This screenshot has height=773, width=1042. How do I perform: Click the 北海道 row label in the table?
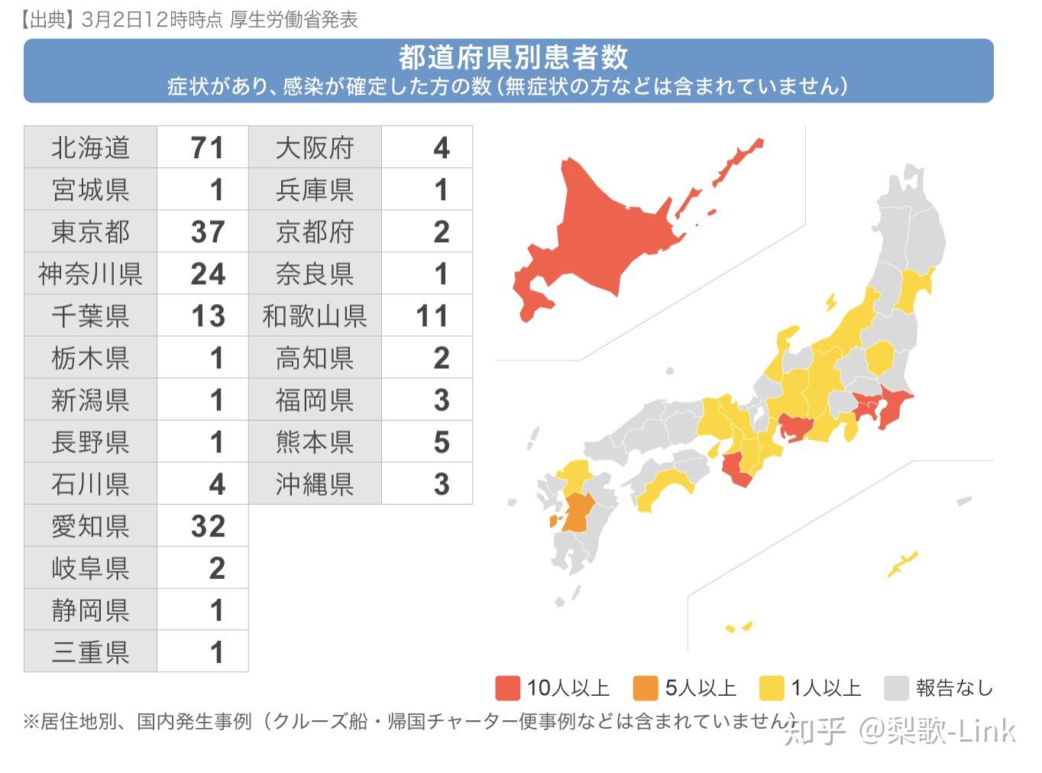click(90, 147)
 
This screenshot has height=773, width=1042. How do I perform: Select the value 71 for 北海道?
click(207, 147)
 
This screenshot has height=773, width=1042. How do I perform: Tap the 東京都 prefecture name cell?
click(90, 231)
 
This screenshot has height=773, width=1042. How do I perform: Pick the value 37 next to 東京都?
click(207, 231)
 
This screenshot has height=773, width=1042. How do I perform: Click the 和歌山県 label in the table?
click(315, 315)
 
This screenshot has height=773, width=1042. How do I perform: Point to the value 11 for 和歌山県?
click(432, 315)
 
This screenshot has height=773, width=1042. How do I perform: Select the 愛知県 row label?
click(90, 526)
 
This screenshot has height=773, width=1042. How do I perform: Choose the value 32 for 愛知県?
click(207, 526)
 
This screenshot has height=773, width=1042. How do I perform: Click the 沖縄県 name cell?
click(315, 484)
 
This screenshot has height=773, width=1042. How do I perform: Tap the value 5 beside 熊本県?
click(441, 441)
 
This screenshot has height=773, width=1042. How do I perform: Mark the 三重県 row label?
click(90, 652)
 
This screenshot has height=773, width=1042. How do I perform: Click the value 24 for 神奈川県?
click(207, 273)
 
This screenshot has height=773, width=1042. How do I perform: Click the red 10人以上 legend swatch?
click(508, 687)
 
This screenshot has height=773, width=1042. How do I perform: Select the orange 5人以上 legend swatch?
click(646, 687)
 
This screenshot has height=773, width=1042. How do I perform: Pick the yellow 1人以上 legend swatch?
click(772, 687)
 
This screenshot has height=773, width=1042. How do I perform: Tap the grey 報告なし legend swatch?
click(895, 687)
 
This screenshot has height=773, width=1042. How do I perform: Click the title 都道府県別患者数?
click(513, 57)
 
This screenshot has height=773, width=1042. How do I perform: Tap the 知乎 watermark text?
click(815, 731)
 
